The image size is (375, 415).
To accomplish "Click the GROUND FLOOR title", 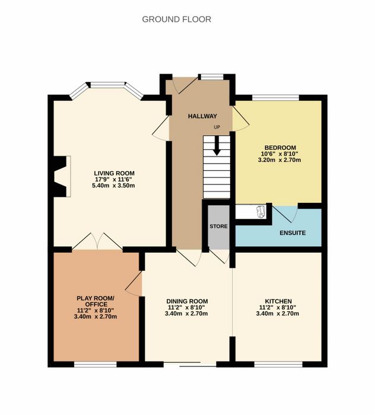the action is click(177, 20).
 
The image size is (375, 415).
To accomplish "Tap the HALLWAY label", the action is click(202, 116).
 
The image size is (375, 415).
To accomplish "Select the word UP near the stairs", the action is click(217, 127).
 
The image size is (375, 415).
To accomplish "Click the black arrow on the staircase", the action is click(217, 146).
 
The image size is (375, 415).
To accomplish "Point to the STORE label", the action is click(218, 226).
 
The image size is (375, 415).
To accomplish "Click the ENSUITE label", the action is click(293, 233).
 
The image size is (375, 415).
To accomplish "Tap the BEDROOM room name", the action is click(280, 148).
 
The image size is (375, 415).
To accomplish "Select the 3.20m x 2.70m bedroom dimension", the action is click(279, 160).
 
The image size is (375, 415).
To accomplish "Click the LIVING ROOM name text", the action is click(114, 173).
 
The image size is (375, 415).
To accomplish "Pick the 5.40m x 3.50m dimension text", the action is click(113, 186).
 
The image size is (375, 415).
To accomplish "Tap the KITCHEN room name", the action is click(278, 301).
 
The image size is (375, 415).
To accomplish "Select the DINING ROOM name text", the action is click(187, 301).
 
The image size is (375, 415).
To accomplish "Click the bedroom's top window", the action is click(275, 98).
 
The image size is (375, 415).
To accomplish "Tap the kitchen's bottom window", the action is click(278, 365).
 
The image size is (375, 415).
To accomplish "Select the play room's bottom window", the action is click(96, 365).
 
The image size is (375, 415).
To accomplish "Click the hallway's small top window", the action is click(212, 77).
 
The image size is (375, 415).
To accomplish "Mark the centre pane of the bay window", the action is click(107, 85).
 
